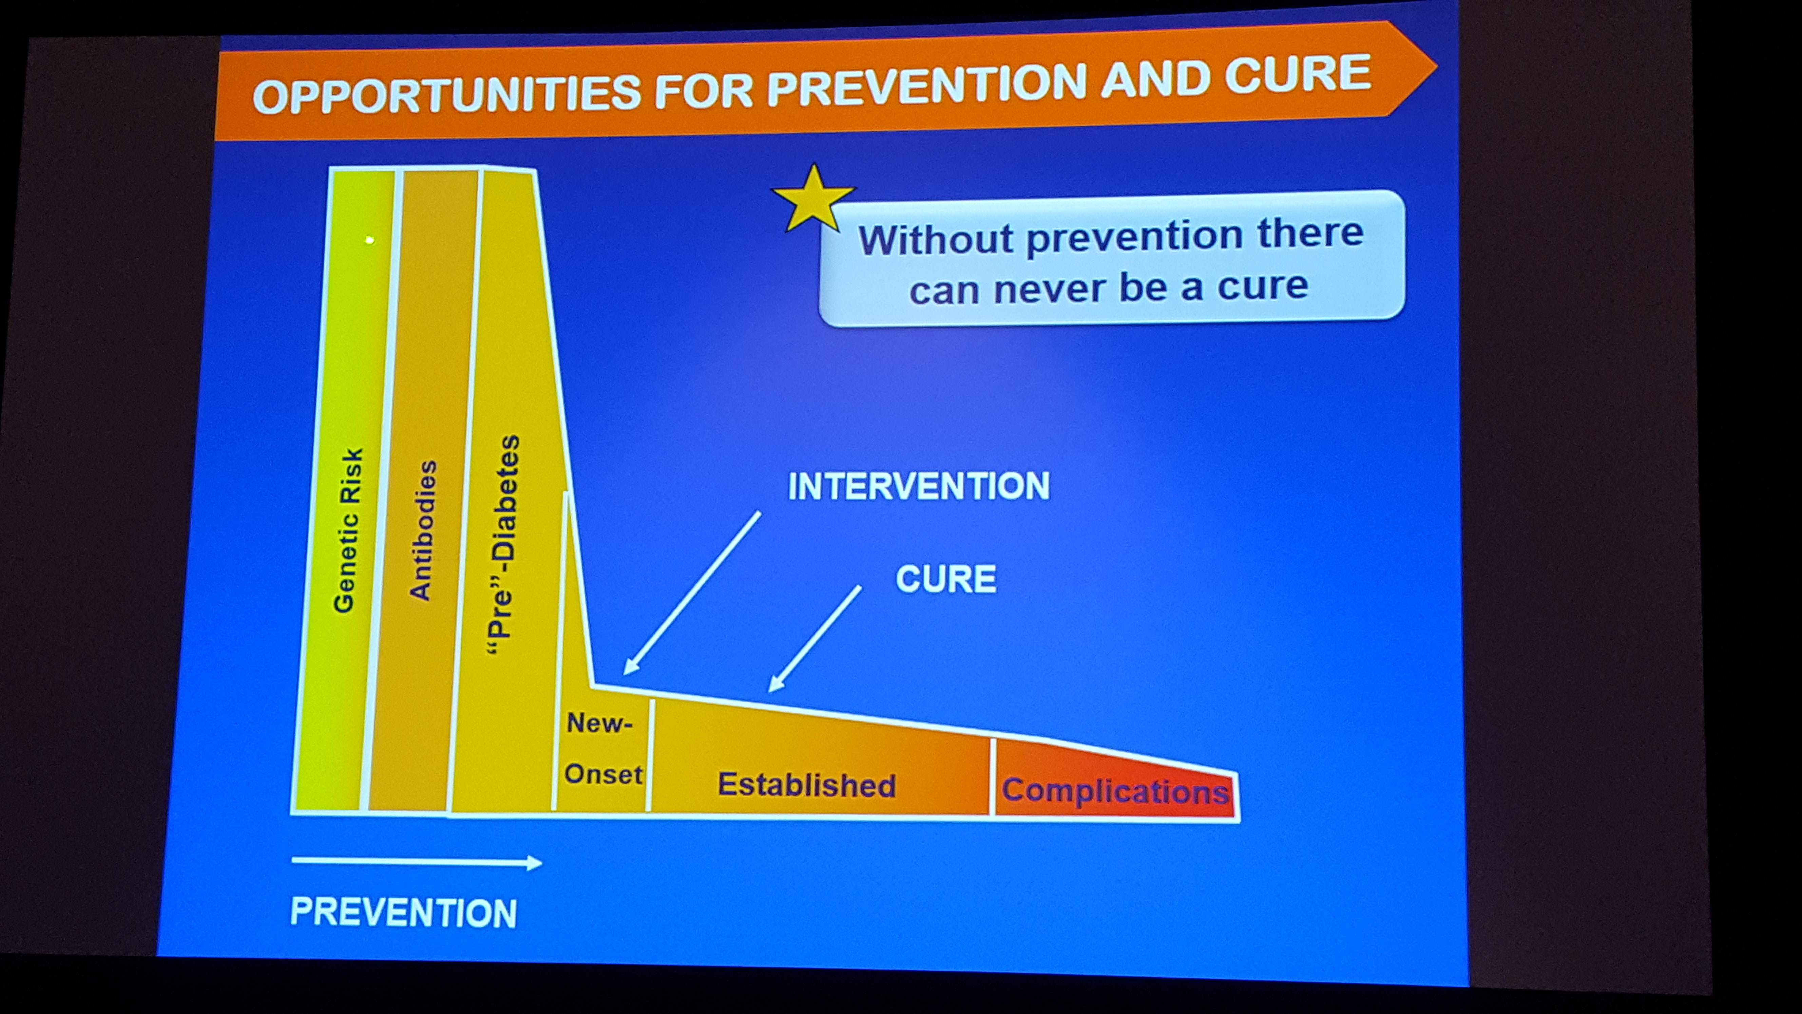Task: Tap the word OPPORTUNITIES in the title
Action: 446,95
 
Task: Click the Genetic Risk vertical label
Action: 348,530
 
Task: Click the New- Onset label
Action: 603,749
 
